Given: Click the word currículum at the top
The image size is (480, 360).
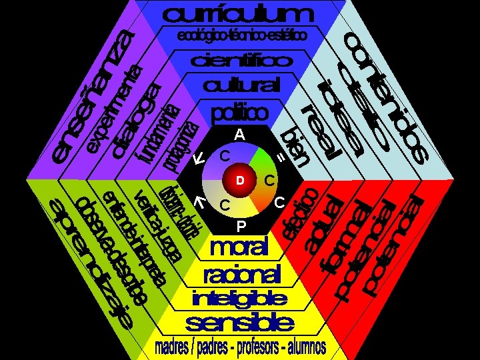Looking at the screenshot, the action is pyautogui.click(x=237, y=15).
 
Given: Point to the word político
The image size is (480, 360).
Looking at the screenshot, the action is pyautogui.click(x=240, y=111).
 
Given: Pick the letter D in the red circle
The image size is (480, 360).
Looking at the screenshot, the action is pyautogui.click(x=241, y=180).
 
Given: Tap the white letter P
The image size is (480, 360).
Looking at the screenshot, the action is pyautogui.click(x=241, y=225).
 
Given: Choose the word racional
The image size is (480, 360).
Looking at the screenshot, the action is pyautogui.click(x=241, y=273).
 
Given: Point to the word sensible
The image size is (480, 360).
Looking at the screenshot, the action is pyautogui.click(x=240, y=324).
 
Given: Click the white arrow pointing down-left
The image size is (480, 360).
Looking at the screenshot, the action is pyautogui.click(x=198, y=159).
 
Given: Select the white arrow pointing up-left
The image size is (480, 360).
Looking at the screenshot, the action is pyautogui.click(x=198, y=201).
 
